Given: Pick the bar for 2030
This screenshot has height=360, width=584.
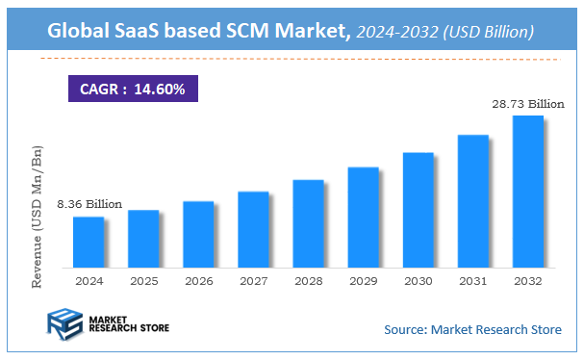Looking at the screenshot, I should (x=418, y=209).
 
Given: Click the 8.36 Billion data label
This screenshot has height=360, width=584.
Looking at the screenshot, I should (x=89, y=204).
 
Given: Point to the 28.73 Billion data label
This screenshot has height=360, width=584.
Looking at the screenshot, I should (x=528, y=103).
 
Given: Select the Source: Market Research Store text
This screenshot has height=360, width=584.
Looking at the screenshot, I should (x=472, y=330).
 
